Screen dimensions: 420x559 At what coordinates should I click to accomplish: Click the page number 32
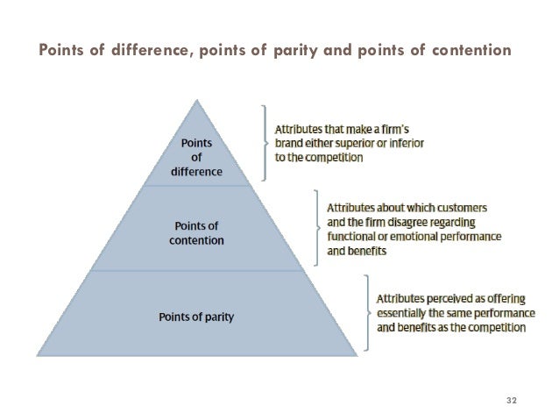pos(513,401)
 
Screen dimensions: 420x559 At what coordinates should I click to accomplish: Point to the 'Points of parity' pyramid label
pos(196,314)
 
